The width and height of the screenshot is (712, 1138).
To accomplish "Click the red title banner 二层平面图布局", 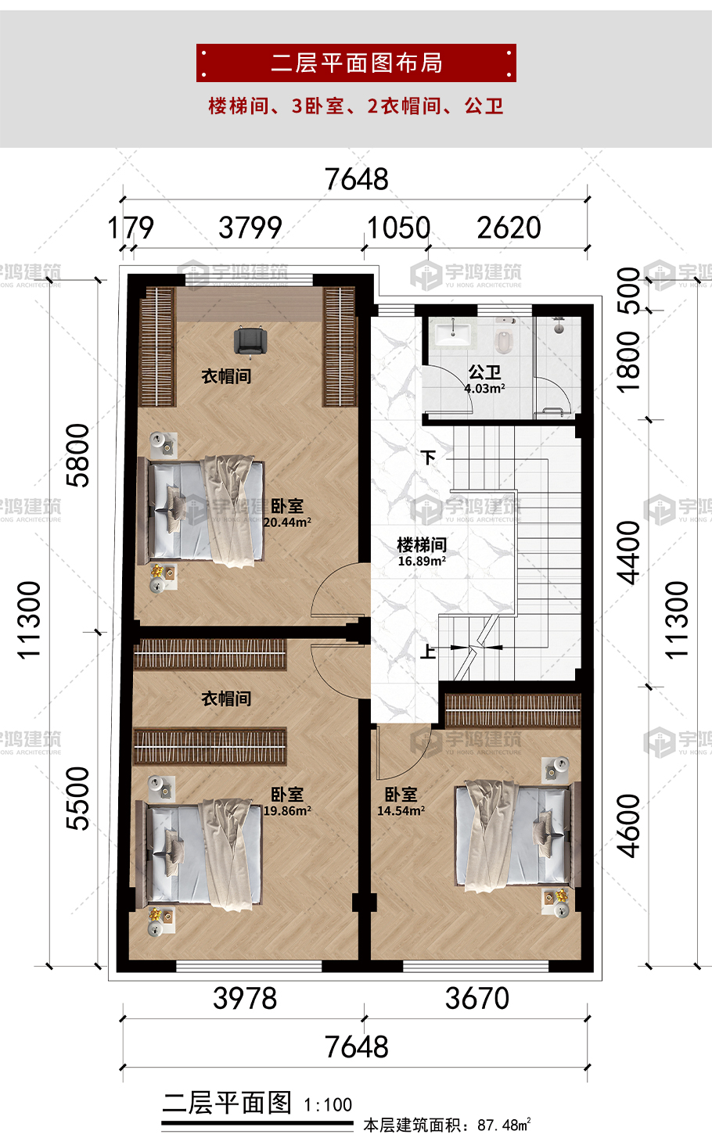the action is point(356,63).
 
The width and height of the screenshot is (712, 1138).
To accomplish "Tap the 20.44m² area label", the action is point(287,522).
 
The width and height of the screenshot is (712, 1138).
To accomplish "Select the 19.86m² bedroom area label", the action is point(287,811).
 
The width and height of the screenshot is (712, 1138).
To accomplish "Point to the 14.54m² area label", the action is point(401,811).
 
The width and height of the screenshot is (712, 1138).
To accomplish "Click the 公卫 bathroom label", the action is point(484,372).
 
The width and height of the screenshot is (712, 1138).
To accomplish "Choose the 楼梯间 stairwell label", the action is point(422,544).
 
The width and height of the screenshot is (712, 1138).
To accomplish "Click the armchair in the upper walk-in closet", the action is point(250,341).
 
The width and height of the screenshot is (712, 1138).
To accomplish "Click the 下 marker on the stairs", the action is point(429,458).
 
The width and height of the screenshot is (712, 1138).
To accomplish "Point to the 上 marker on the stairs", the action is point(428,651).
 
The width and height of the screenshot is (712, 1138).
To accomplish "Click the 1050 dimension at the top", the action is point(398,228).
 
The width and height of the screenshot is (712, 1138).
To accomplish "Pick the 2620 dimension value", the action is point(509,228).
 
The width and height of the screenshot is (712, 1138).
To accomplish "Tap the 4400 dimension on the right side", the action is point(628,553).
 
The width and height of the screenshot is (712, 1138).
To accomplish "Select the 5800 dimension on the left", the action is point(77,456).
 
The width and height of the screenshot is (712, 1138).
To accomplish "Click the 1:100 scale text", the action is point(328,1105).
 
